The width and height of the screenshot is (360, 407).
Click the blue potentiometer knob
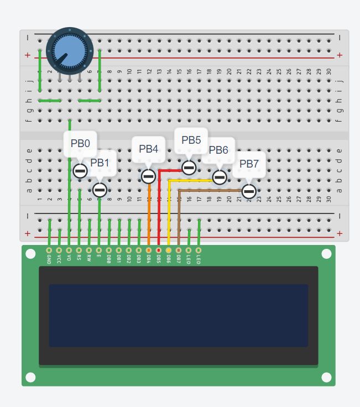[x=67, y=50]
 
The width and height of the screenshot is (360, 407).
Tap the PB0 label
[x=80, y=143]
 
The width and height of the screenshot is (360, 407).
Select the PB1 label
[x=100, y=163]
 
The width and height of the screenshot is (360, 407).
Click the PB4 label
[x=148, y=149]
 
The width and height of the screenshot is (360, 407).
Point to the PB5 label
[x=191, y=140]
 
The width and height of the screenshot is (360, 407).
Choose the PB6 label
[x=218, y=150]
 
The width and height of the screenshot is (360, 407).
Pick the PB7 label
[x=249, y=164]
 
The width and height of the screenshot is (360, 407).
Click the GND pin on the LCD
[x=49, y=251]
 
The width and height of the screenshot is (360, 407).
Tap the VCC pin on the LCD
[x=59, y=251]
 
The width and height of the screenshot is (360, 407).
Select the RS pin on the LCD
[x=79, y=251]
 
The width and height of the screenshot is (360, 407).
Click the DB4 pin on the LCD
[x=149, y=251]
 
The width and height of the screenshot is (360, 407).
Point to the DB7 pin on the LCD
[x=179, y=251]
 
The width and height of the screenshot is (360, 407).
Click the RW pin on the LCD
[x=89, y=251]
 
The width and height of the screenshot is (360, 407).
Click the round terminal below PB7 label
[x=249, y=191]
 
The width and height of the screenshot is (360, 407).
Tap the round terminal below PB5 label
[x=189, y=167]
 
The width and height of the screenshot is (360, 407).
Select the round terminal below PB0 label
[x=80, y=171]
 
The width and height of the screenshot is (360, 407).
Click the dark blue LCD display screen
[x=178, y=315]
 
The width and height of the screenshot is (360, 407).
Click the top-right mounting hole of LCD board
[x=326, y=254]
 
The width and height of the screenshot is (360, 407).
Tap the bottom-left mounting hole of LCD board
[x=30, y=377]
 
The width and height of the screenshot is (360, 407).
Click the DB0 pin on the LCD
[x=109, y=251]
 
